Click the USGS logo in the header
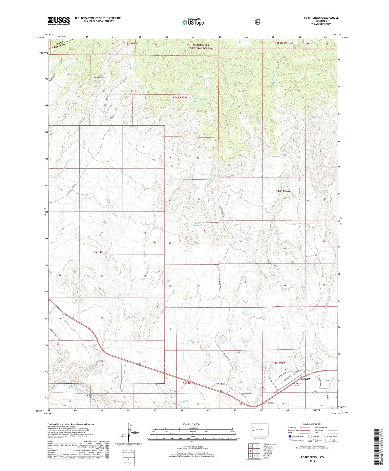(x=59, y=21)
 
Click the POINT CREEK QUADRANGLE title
(x=321, y=18)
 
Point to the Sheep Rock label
(x=98, y=78)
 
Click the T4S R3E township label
(x=97, y=252)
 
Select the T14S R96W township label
(x=283, y=191)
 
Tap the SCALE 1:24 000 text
(x=191, y=424)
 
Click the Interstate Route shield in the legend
(x=290, y=436)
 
